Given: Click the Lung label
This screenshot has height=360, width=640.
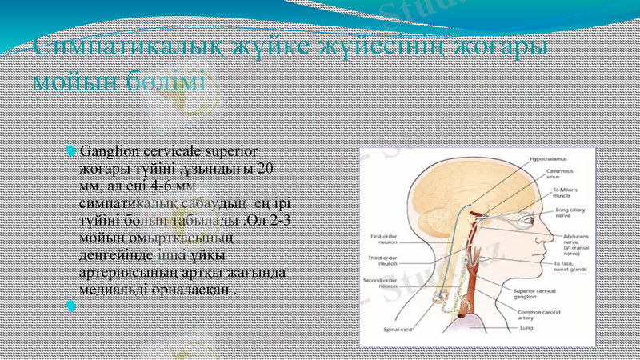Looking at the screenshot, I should [x=526, y=328].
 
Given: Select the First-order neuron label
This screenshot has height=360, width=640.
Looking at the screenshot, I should [x=385, y=238].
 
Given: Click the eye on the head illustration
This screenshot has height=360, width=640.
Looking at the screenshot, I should [x=521, y=218].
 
